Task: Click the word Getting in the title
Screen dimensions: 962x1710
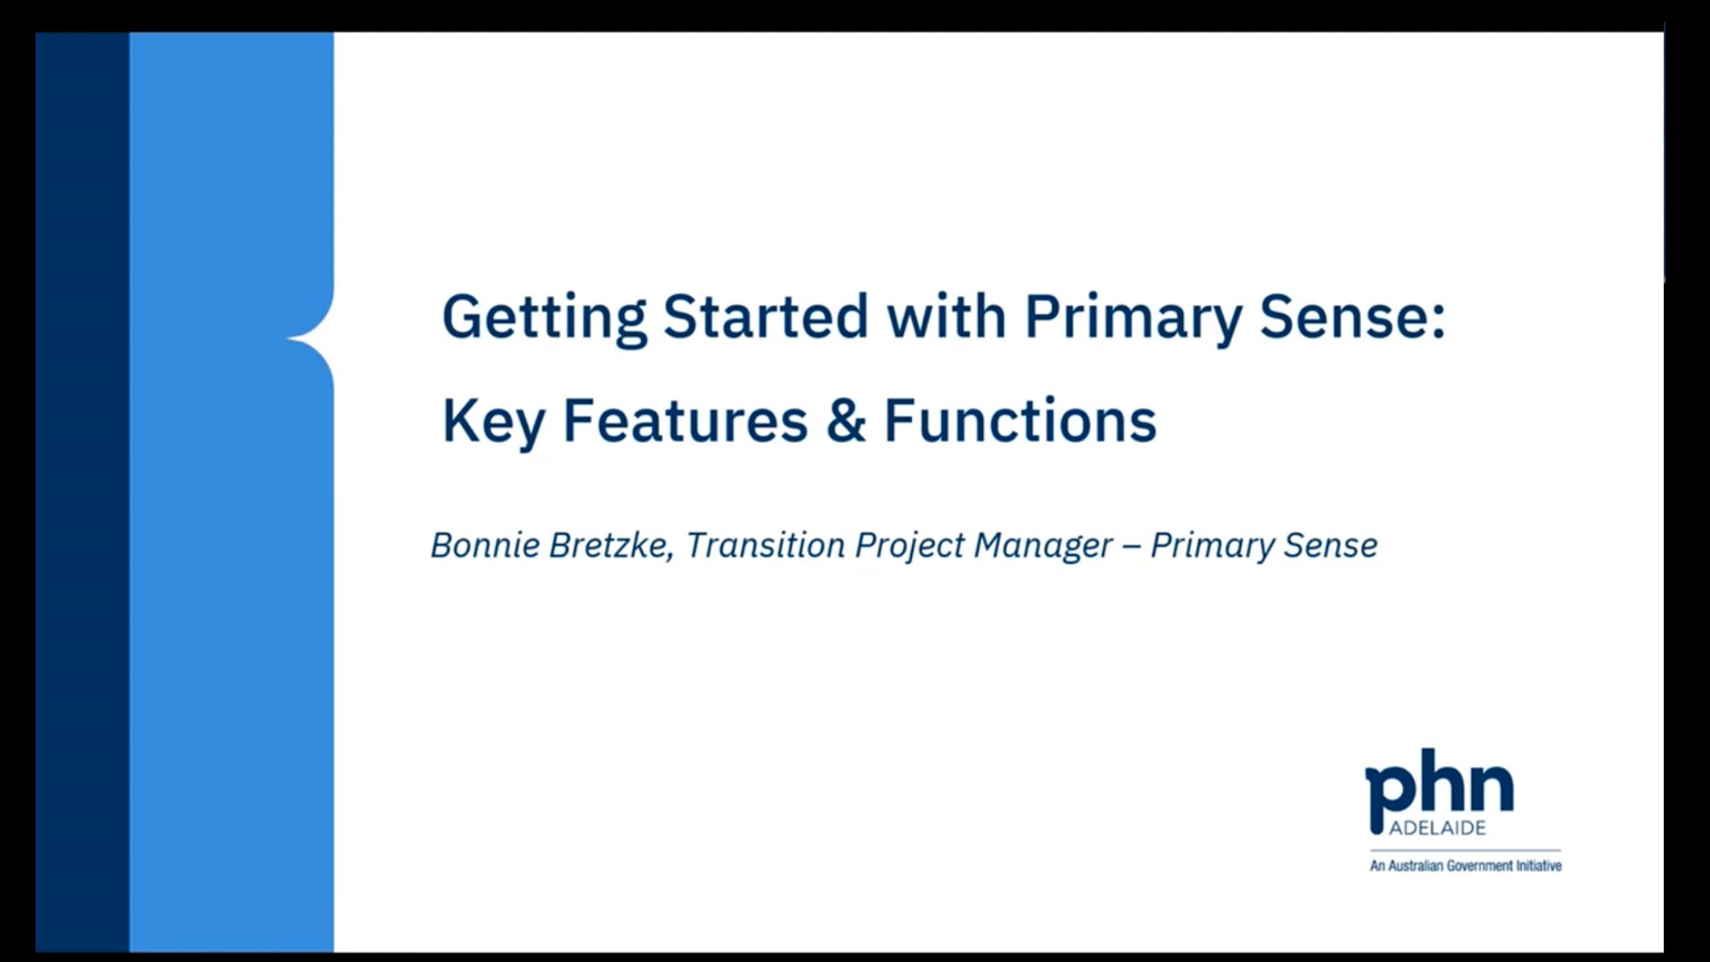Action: click(x=543, y=318)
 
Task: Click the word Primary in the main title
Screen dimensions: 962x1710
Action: click(x=1132, y=318)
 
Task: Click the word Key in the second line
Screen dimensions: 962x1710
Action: click(x=493, y=421)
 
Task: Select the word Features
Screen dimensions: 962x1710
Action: click(x=685, y=420)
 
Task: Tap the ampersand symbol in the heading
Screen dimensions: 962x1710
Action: click(x=845, y=420)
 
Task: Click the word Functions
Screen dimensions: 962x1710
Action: click(x=1020, y=420)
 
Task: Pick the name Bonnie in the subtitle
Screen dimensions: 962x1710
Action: click(x=484, y=545)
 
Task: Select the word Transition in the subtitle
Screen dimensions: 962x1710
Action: click(x=765, y=545)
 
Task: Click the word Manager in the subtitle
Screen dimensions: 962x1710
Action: click(x=1043, y=546)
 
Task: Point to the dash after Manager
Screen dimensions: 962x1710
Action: click(x=1131, y=546)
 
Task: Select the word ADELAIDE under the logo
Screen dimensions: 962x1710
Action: click(x=1437, y=828)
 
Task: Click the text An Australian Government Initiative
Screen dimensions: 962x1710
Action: click(x=1465, y=866)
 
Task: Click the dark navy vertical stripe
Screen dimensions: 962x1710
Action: click(x=82, y=490)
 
